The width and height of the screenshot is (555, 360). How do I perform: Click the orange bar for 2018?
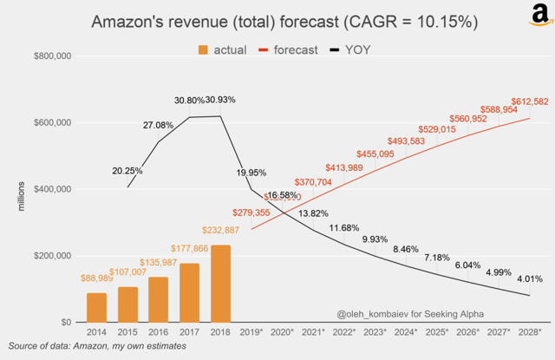click(220, 284)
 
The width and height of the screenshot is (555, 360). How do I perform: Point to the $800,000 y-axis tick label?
click(52, 56)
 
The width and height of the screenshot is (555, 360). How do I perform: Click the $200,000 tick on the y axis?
click(52, 256)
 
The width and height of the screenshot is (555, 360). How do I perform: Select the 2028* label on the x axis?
click(530, 332)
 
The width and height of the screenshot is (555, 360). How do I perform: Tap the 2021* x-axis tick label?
click(313, 332)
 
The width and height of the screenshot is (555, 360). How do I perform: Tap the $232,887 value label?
click(220, 230)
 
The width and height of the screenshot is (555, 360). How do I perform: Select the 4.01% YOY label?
click(530, 279)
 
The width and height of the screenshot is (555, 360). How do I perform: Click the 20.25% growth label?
click(127, 171)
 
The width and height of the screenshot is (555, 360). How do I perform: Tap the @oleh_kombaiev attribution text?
click(410, 313)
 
